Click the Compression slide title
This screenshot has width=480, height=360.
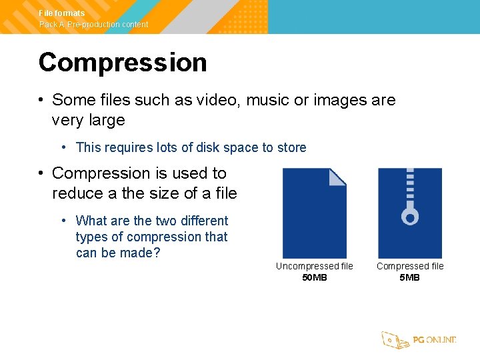[x=123, y=63]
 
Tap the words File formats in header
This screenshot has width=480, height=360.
[x=62, y=13]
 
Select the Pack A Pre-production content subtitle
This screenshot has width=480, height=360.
[x=93, y=25]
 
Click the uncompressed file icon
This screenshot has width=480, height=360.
[x=314, y=213]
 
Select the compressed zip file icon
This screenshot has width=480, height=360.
[x=409, y=213]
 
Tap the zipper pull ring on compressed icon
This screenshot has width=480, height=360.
[x=409, y=217]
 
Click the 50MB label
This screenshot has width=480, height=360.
[x=315, y=277]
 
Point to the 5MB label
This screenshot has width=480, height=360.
[x=409, y=277]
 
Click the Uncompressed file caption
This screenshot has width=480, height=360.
[x=315, y=266]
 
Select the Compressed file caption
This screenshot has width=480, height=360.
[x=409, y=266]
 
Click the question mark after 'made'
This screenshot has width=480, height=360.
[x=157, y=253]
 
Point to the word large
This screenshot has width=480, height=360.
[x=105, y=121]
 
